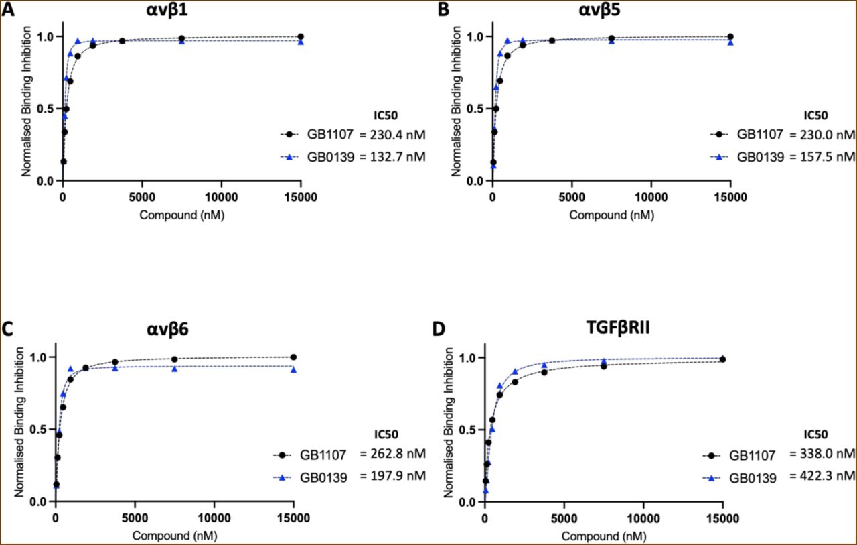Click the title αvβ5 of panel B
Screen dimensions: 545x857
pos(610,11)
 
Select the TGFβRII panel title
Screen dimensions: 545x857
pos(603,332)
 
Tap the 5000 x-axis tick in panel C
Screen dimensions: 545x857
pos(135,518)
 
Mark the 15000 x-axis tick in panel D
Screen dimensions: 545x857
pos(722,518)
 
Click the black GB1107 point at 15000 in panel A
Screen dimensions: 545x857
pos(301,36)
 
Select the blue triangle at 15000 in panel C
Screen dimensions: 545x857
pos(294,369)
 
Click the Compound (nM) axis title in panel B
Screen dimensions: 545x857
pos(611,215)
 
